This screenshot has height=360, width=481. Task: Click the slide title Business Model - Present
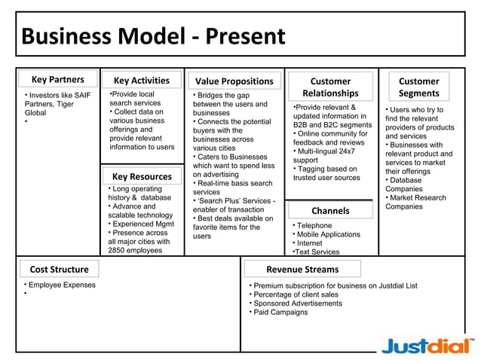click(x=153, y=36)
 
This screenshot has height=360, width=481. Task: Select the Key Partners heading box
click(x=57, y=80)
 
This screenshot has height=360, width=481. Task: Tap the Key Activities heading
click(x=142, y=81)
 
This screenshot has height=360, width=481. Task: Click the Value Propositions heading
click(x=234, y=81)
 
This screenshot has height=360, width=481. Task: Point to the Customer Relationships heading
click(x=330, y=87)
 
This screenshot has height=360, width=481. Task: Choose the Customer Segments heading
click(x=418, y=87)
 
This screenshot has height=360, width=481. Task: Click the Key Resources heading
click(x=142, y=176)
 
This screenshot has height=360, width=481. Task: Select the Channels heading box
click(x=330, y=211)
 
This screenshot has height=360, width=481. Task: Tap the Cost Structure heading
click(x=59, y=269)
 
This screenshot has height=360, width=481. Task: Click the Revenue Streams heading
click(x=302, y=269)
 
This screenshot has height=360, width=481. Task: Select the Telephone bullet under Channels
click(x=314, y=225)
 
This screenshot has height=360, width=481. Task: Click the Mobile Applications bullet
click(x=328, y=234)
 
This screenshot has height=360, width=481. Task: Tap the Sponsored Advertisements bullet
click(x=297, y=304)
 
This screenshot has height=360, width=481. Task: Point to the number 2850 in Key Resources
click(x=119, y=250)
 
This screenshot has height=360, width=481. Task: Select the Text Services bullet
click(x=317, y=252)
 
